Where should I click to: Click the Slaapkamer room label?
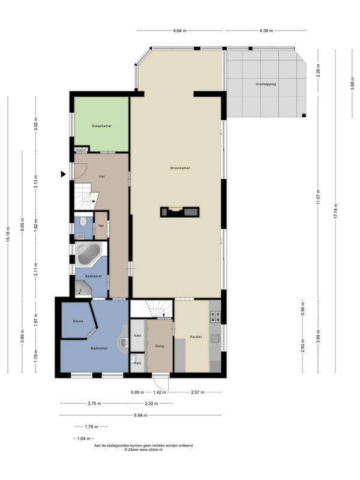tap(101, 126)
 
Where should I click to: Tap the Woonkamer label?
tap(180, 168)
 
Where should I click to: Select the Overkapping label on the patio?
tap(266, 84)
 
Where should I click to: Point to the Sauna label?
tap(78, 321)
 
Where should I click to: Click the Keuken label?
tap(196, 337)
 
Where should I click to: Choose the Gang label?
tap(160, 346)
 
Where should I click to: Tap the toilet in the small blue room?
tap(83, 221)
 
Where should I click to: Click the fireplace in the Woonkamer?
tap(179, 212)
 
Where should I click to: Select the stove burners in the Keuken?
tap(215, 317)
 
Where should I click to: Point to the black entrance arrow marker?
tap(63, 174)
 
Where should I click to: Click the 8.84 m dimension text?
tap(141, 415)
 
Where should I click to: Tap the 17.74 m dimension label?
tap(335, 211)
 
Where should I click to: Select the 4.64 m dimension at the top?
tap(179, 31)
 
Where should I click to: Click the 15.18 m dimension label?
tap(8, 235)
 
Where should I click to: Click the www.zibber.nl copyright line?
tap(143, 449)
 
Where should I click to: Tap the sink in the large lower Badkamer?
tap(124, 342)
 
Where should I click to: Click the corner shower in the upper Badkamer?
tap(83, 289)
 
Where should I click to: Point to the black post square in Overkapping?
tap(304, 115)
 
